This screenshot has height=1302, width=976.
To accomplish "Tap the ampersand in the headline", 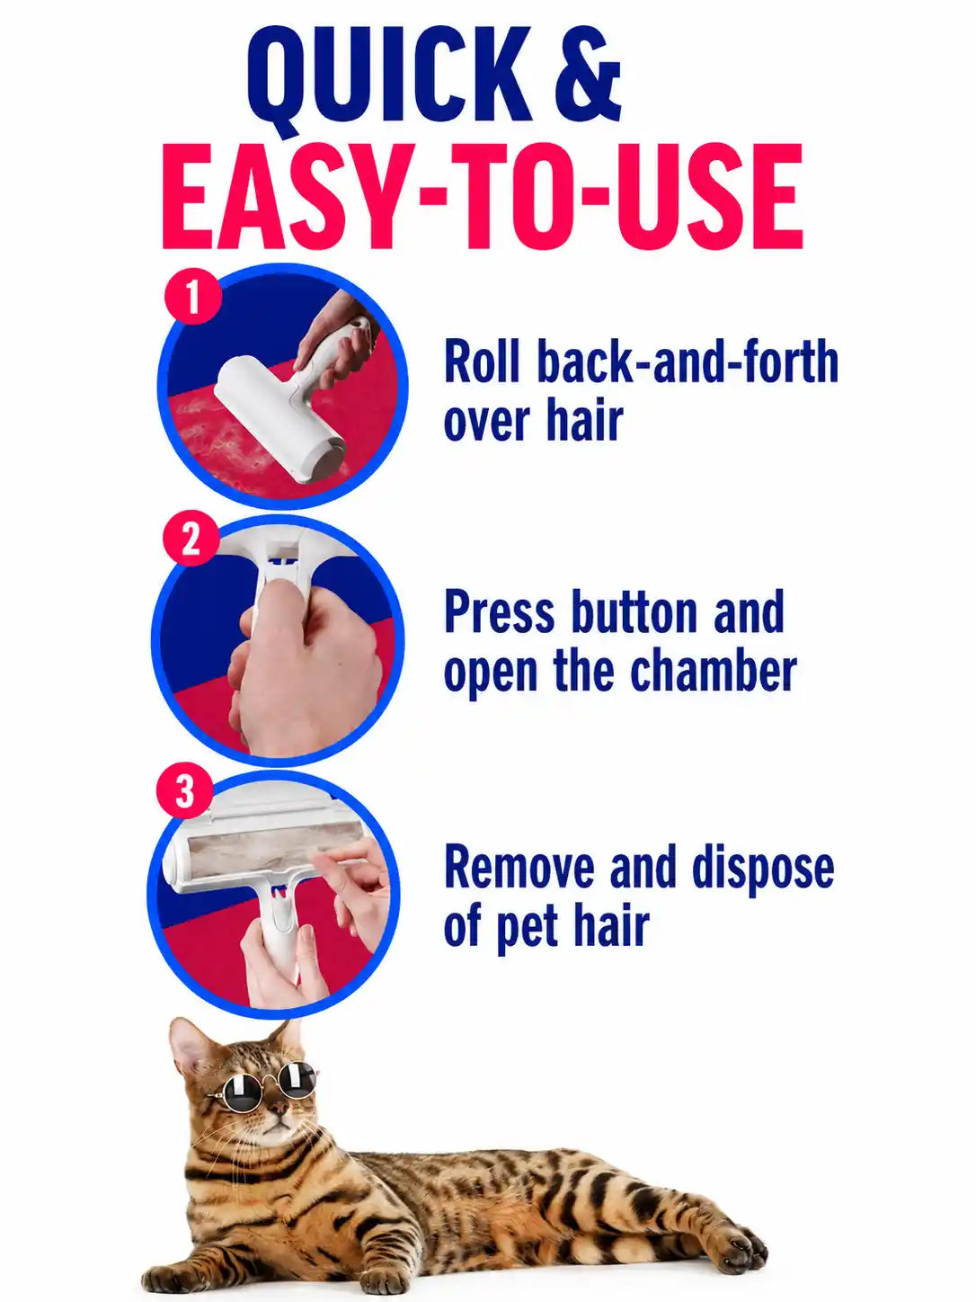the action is pyautogui.click(x=588, y=74).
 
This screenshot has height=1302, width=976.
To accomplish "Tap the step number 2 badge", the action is pyautogui.click(x=191, y=540).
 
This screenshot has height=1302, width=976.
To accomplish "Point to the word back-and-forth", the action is pyautogui.click(x=688, y=361).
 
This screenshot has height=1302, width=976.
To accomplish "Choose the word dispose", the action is pyautogui.click(x=764, y=869).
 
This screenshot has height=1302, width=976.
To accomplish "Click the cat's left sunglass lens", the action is pyautogui.click(x=234, y=1090).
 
